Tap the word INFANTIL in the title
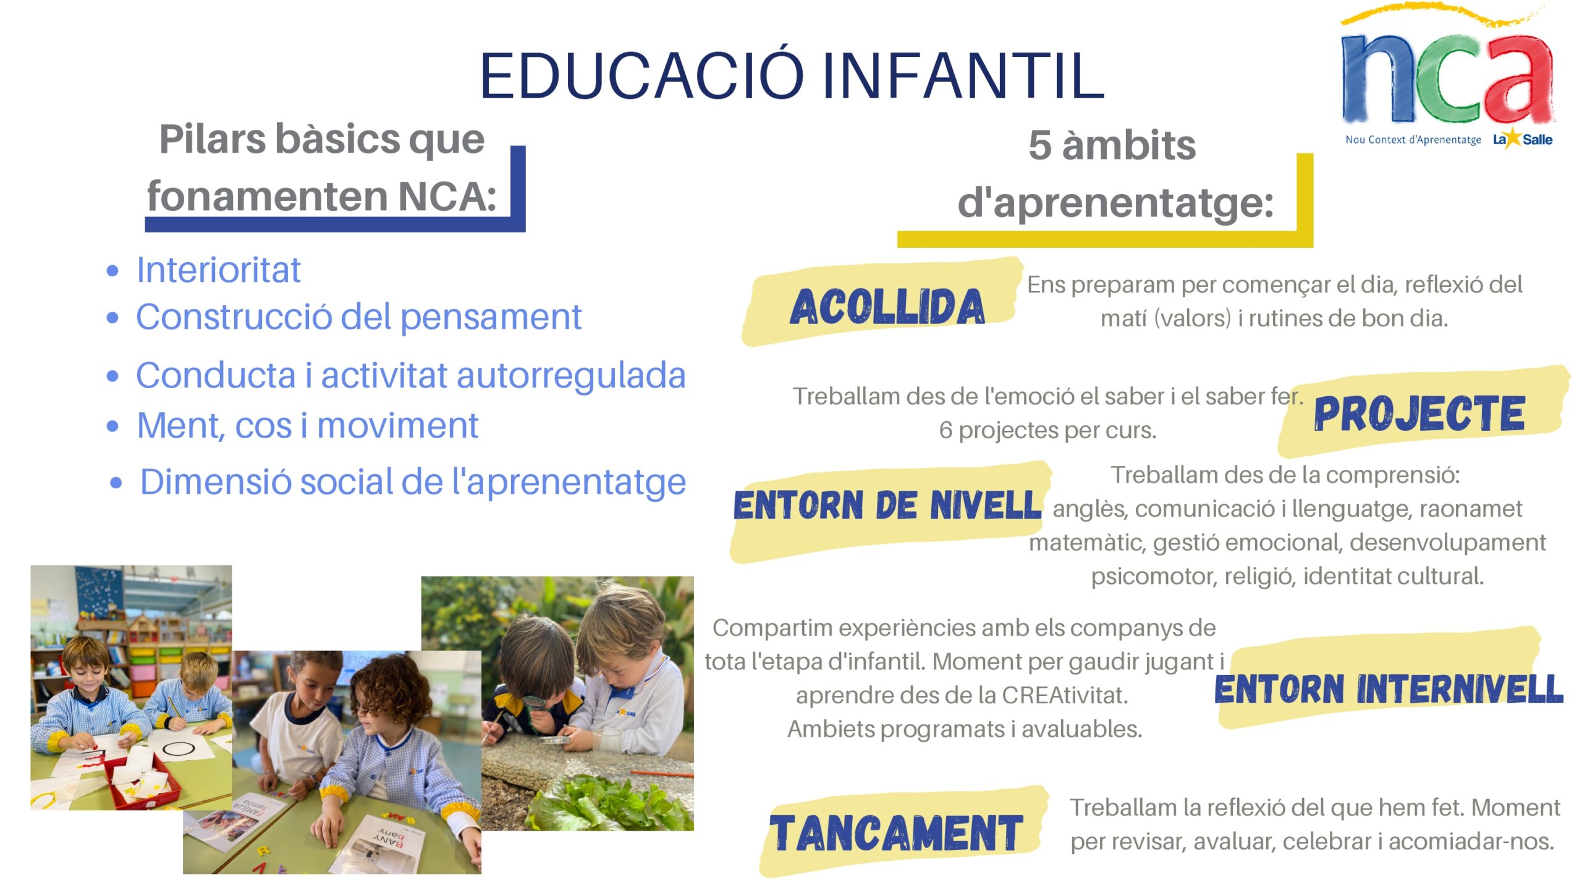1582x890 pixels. (x=963, y=75)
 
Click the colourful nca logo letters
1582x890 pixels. (x=1447, y=77)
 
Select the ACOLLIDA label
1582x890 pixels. (x=887, y=307)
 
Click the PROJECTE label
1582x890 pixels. (x=1419, y=413)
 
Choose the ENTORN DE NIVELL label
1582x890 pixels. (x=887, y=505)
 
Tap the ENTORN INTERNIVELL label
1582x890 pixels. (x=1389, y=689)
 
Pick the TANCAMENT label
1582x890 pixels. (x=896, y=833)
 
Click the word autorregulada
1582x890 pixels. (x=571, y=376)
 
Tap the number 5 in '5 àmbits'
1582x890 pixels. (x=1040, y=146)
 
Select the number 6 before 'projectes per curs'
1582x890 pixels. (x=945, y=430)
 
